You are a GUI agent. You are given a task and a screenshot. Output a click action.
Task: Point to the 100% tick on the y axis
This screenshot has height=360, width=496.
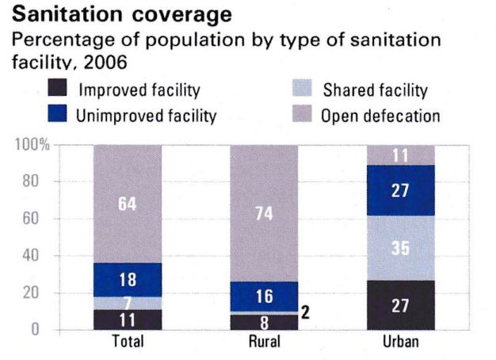[32, 145]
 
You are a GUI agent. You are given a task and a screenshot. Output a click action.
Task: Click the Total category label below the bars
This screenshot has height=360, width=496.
[127, 343]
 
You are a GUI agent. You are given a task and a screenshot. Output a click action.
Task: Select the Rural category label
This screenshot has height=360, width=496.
[264, 343]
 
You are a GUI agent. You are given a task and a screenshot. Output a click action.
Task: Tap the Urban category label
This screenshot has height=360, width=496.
[401, 343]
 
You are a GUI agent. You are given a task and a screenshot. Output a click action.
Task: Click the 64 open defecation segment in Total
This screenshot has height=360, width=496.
[127, 204]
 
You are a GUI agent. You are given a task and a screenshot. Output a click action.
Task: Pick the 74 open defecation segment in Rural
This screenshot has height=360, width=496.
[264, 213]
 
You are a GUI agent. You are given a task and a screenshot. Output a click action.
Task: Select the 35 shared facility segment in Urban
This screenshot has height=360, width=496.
[401, 247]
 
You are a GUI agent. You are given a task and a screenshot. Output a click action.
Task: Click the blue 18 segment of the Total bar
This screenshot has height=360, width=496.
[127, 279]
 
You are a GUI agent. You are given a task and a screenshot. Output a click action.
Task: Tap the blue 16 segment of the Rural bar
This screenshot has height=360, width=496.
[264, 296]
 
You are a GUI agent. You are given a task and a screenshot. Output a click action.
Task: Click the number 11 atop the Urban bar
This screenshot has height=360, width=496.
[401, 155]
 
